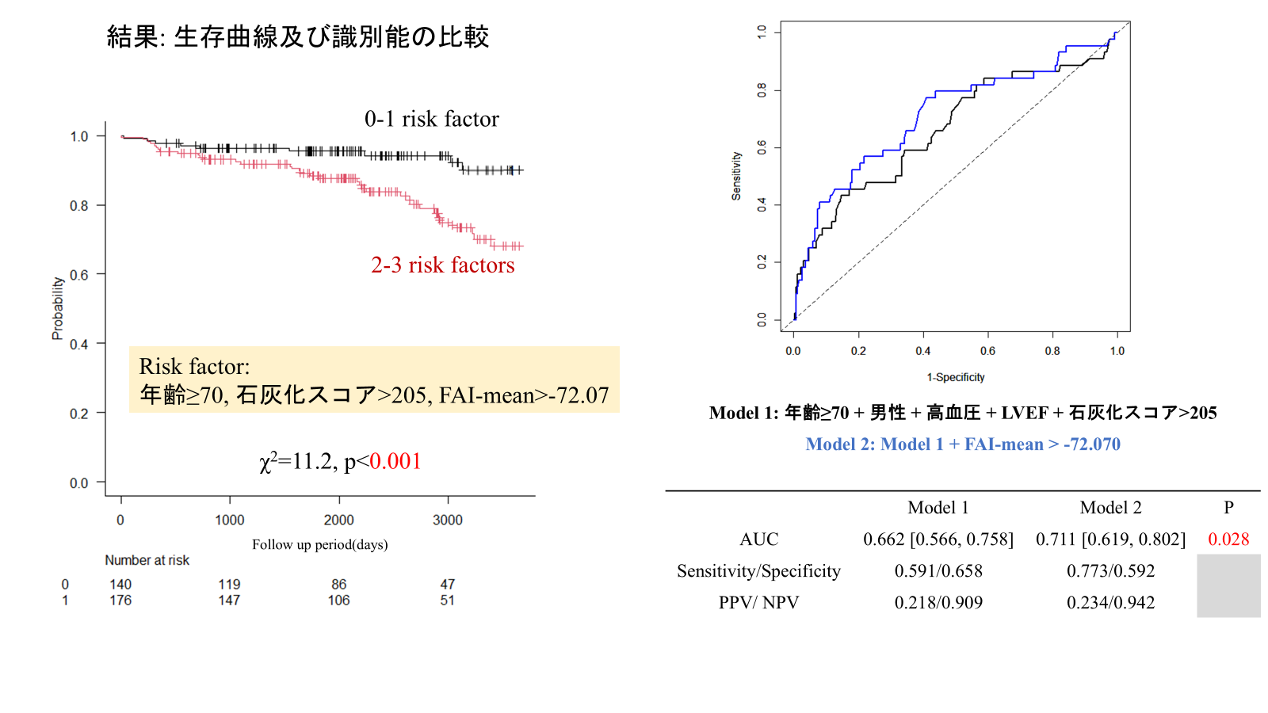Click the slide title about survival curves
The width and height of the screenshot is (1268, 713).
pyautogui.click(x=298, y=36)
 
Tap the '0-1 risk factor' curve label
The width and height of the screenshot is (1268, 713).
pyautogui.click(x=431, y=119)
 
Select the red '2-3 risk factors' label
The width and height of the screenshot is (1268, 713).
pyautogui.click(x=442, y=265)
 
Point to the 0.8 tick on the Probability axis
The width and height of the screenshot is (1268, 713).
pyautogui.click(x=79, y=206)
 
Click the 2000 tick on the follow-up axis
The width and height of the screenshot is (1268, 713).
pyautogui.click(x=338, y=520)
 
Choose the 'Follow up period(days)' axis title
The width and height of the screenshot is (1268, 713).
pyautogui.click(x=319, y=544)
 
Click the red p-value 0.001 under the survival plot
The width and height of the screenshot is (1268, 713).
pyautogui.click(x=395, y=461)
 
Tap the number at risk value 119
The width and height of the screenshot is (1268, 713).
pyautogui.click(x=229, y=584)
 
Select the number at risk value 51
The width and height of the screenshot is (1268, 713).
pyautogui.click(x=447, y=600)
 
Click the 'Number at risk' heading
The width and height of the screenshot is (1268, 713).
pyautogui.click(x=147, y=560)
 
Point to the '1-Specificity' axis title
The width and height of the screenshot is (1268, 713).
pyautogui.click(x=955, y=377)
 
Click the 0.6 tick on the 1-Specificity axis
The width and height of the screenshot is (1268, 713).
pyautogui.click(x=987, y=351)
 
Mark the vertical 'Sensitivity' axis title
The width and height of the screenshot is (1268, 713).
pyautogui.click(x=736, y=176)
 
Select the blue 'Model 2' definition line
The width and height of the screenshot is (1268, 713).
pyautogui.click(x=963, y=444)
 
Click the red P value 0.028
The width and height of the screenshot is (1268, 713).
pyautogui.click(x=1228, y=540)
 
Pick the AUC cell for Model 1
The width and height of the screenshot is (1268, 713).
pyautogui.click(x=938, y=540)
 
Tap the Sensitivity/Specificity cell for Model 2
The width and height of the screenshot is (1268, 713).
pyautogui.click(x=1110, y=571)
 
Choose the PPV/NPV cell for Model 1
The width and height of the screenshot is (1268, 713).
pyautogui.click(x=938, y=603)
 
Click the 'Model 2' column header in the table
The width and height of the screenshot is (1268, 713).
pyautogui.click(x=1110, y=508)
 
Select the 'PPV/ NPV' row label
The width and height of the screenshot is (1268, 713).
pyautogui.click(x=758, y=603)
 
